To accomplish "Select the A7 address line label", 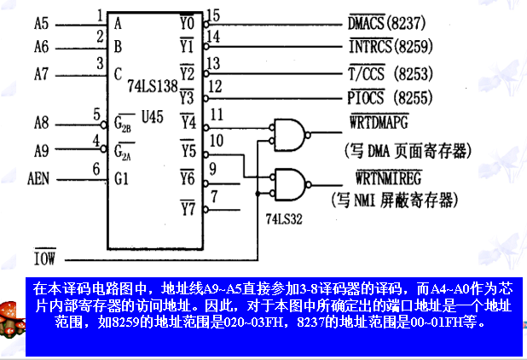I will (41, 73).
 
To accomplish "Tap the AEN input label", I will (38, 179).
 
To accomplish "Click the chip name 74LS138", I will (152, 86).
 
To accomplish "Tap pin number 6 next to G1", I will (96, 170).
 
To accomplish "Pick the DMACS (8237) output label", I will (393, 21).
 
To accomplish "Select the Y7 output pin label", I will (188, 206).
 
